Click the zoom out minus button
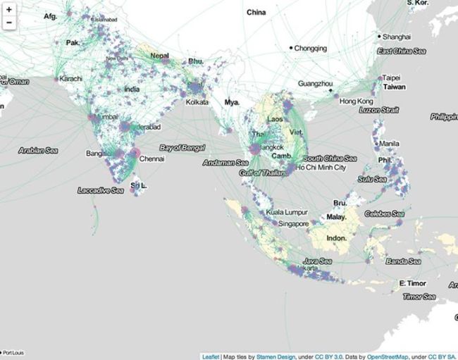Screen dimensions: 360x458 click(x=8, y=23)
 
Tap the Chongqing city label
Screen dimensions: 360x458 click(x=311, y=49)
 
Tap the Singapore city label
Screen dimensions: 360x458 click(x=294, y=223)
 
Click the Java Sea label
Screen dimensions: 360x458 click(x=317, y=261)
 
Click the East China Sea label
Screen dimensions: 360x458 click(x=405, y=51)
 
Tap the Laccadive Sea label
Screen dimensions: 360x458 click(x=101, y=190)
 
